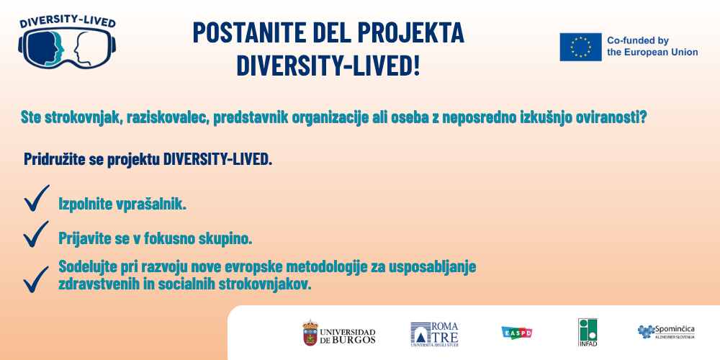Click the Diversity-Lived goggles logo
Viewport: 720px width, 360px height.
(x=67, y=42)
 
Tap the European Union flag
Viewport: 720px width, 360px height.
(x=580, y=47)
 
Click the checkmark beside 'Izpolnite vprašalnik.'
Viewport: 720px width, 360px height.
(x=36, y=199)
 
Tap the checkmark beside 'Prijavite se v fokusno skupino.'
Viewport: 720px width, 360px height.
(x=36, y=234)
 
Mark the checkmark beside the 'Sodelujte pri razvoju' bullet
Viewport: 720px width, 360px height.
(x=36, y=279)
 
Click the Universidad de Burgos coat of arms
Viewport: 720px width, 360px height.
(x=310, y=333)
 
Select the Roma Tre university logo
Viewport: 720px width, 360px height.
(x=434, y=334)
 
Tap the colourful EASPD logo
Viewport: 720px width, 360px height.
(x=516, y=333)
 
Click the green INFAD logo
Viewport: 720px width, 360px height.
(x=588, y=332)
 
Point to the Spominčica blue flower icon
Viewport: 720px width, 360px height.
(x=647, y=331)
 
